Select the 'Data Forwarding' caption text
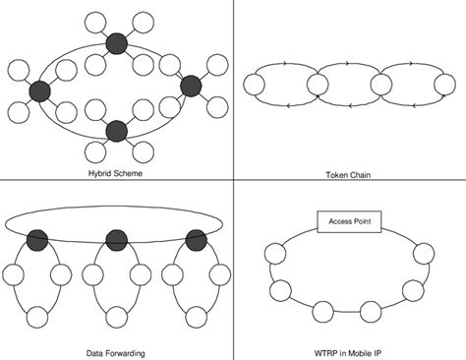[x=116, y=351]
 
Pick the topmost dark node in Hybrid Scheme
[x=117, y=42]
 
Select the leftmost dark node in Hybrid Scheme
[x=40, y=90]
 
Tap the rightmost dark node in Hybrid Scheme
[x=191, y=87]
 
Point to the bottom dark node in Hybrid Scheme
[x=117, y=130]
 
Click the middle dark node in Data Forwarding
[x=116, y=239]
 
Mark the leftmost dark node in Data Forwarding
[x=38, y=239]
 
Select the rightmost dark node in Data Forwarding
[x=193, y=239]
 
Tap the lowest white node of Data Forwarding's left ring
[x=38, y=317]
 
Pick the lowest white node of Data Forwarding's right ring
[x=193, y=317]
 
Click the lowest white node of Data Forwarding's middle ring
[x=116, y=317]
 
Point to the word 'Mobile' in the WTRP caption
[x=353, y=351]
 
